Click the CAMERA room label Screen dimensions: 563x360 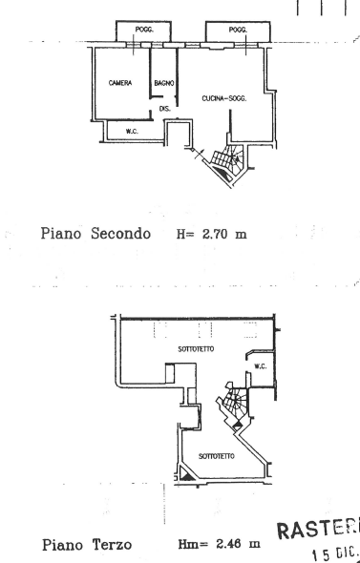(118, 84)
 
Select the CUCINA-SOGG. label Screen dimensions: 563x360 (224, 98)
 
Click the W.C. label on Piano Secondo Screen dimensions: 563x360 (133, 129)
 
